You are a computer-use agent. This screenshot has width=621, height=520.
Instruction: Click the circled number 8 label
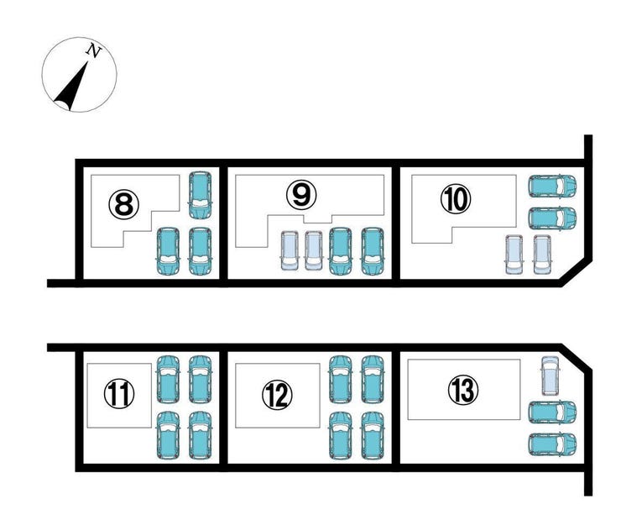point(124,204)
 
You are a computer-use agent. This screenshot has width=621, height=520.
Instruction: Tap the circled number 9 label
point(301,194)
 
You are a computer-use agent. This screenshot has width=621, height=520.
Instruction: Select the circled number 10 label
point(456,199)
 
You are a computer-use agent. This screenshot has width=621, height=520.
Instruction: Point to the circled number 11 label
point(119,393)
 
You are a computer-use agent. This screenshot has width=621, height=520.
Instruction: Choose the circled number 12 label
point(277,395)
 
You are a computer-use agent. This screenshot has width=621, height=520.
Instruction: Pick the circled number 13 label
point(463,390)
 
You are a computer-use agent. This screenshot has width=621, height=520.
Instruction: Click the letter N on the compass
point(94,51)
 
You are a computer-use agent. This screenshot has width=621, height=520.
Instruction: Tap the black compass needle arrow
point(71,86)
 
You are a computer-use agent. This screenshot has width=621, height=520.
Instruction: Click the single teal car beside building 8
point(200,196)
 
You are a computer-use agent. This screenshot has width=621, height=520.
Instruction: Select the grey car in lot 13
point(551,376)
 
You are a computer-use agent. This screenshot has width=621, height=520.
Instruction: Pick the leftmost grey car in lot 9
point(290,251)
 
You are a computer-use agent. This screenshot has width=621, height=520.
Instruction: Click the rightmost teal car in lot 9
point(373,251)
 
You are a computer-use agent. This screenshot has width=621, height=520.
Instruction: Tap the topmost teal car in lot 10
point(552,186)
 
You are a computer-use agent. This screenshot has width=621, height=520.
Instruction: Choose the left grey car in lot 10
point(514,255)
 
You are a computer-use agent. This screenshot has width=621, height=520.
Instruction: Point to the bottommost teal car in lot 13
point(552,444)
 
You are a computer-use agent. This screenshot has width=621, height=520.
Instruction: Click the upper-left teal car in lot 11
point(169,380)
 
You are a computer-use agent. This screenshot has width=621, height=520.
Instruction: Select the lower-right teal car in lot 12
point(373,436)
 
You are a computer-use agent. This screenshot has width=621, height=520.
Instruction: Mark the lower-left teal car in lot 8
point(169,251)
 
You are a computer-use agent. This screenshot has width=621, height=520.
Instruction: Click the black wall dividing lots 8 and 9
point(223,223)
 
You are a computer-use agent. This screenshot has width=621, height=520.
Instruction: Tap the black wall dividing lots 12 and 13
point(395,407)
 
